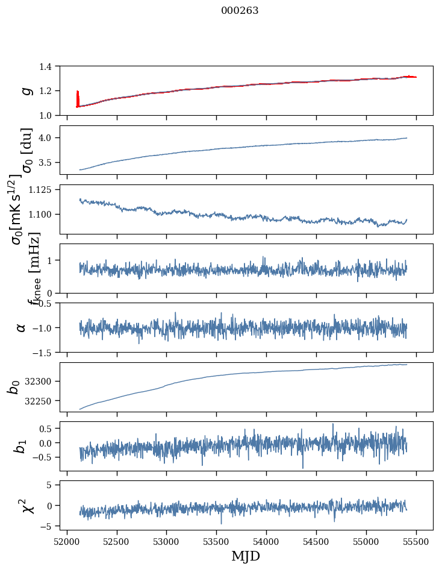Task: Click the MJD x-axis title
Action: [x=246, y=556]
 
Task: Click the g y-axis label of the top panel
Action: [x=25, y=90]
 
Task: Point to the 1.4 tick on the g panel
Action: [x=51, y=66]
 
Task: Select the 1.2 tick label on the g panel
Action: [x=51, y=91]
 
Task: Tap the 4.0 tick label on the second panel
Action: [x=51, y=138]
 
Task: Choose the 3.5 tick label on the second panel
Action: [x=51, y=163]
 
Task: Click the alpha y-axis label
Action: [x=21, y=327]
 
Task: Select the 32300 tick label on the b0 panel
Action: [x=44, y=382]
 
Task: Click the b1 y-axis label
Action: [x=21, y=447]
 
